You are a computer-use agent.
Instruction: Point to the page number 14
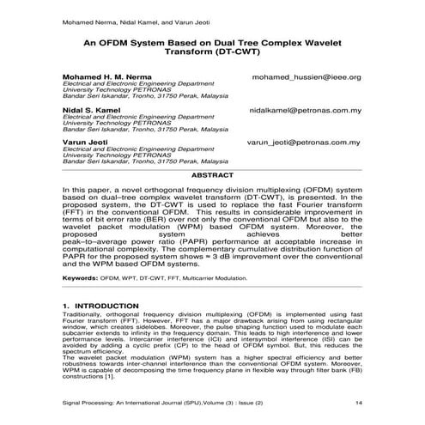(357, 401)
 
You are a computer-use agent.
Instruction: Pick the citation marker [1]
(109, 375)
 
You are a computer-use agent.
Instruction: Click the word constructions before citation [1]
(83, 375)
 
